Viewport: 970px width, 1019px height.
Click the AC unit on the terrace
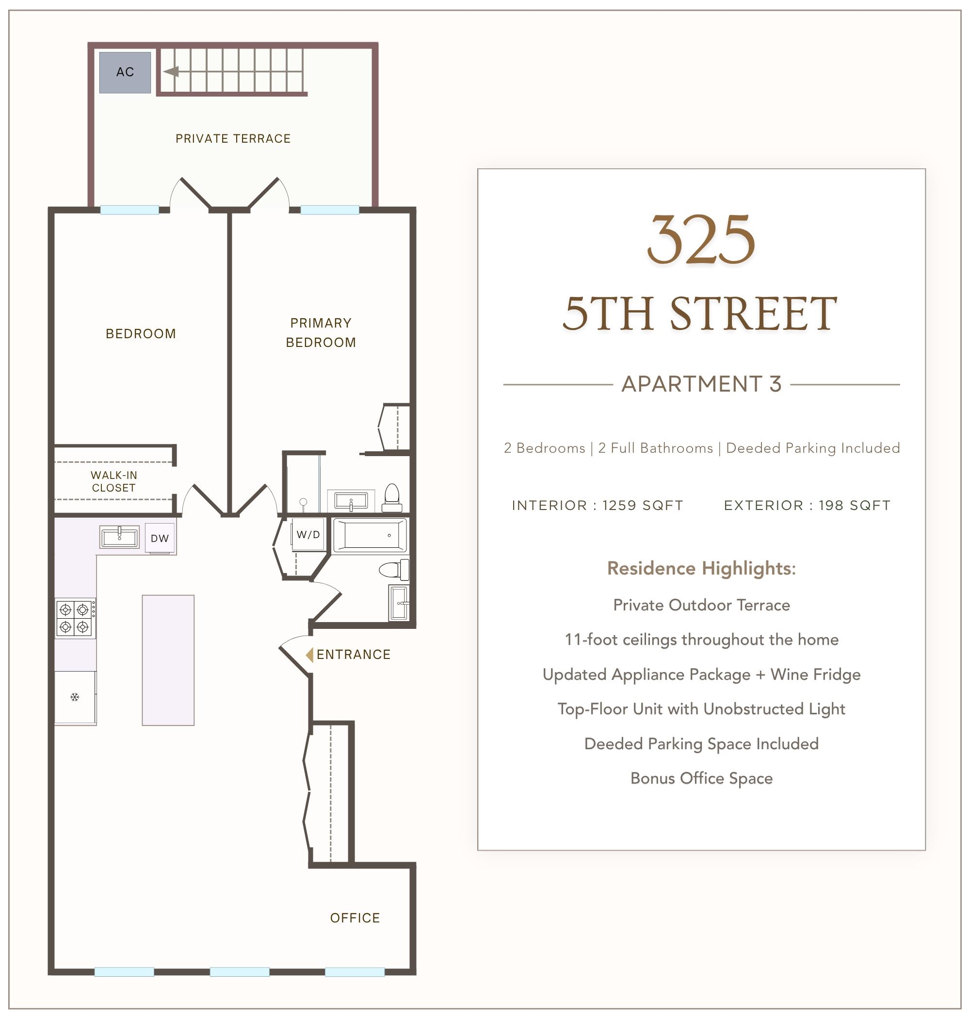point(125,72)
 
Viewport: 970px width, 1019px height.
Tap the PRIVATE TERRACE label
point(233,139)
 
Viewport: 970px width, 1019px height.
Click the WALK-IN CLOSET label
point(114,481)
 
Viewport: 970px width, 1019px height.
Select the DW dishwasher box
point(160,538)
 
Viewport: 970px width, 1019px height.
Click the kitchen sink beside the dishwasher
point(119,537)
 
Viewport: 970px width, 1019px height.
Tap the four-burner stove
point(76,618)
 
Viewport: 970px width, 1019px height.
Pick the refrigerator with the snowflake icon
point(76,697)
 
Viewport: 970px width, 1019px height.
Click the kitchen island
point(168,660)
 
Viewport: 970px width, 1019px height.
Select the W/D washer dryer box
point(308,534)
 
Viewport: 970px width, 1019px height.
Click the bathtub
point(370,535)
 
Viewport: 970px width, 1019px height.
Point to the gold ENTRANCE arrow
point(309,655)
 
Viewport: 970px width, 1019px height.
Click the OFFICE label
point(355,918)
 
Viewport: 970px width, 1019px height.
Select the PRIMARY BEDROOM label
point(321,332)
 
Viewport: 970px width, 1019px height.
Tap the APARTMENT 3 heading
point(702,384)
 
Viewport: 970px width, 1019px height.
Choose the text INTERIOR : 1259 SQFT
point(598,505)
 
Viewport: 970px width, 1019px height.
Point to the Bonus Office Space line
point(702,778)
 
